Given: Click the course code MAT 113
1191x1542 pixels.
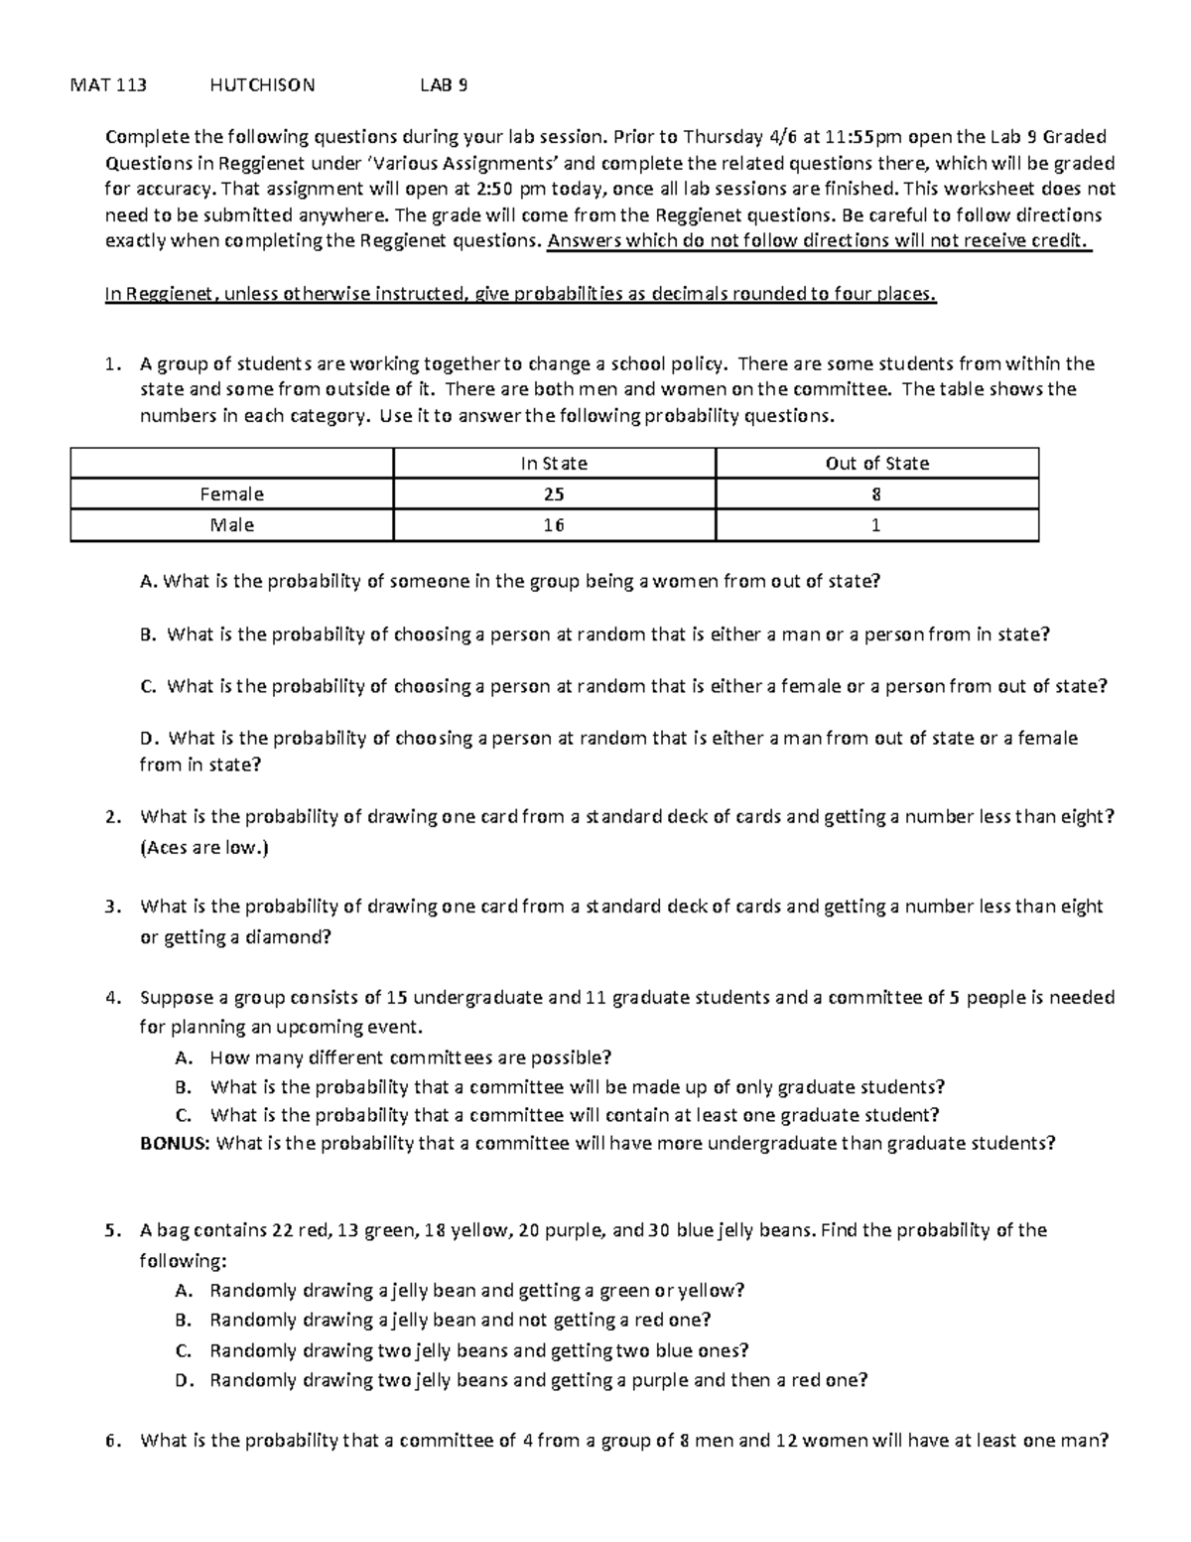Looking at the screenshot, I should point(108,85).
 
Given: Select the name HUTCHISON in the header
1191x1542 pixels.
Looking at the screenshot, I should point(262,85).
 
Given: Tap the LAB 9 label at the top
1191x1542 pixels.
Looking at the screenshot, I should point(444,85).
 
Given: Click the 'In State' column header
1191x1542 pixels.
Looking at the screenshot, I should point(554,464).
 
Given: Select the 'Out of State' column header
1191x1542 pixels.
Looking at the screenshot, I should point(876,464).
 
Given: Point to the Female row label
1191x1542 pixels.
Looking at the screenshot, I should point(231,494).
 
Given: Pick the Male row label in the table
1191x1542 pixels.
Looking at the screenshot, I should point(231,525).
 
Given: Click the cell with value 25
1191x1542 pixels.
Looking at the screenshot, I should point(554,494).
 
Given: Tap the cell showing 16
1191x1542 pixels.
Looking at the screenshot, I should point(554,525).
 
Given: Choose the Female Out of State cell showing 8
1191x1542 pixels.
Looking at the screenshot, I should point(876,494).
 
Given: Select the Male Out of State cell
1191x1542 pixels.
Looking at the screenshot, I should point(876,525).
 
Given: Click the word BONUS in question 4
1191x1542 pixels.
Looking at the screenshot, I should point(175,1143).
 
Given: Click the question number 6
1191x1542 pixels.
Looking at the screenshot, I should point(112,1441).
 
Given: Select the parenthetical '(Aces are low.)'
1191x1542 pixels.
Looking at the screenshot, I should point(204,848).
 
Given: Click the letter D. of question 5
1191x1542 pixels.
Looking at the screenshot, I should point(183,1380).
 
